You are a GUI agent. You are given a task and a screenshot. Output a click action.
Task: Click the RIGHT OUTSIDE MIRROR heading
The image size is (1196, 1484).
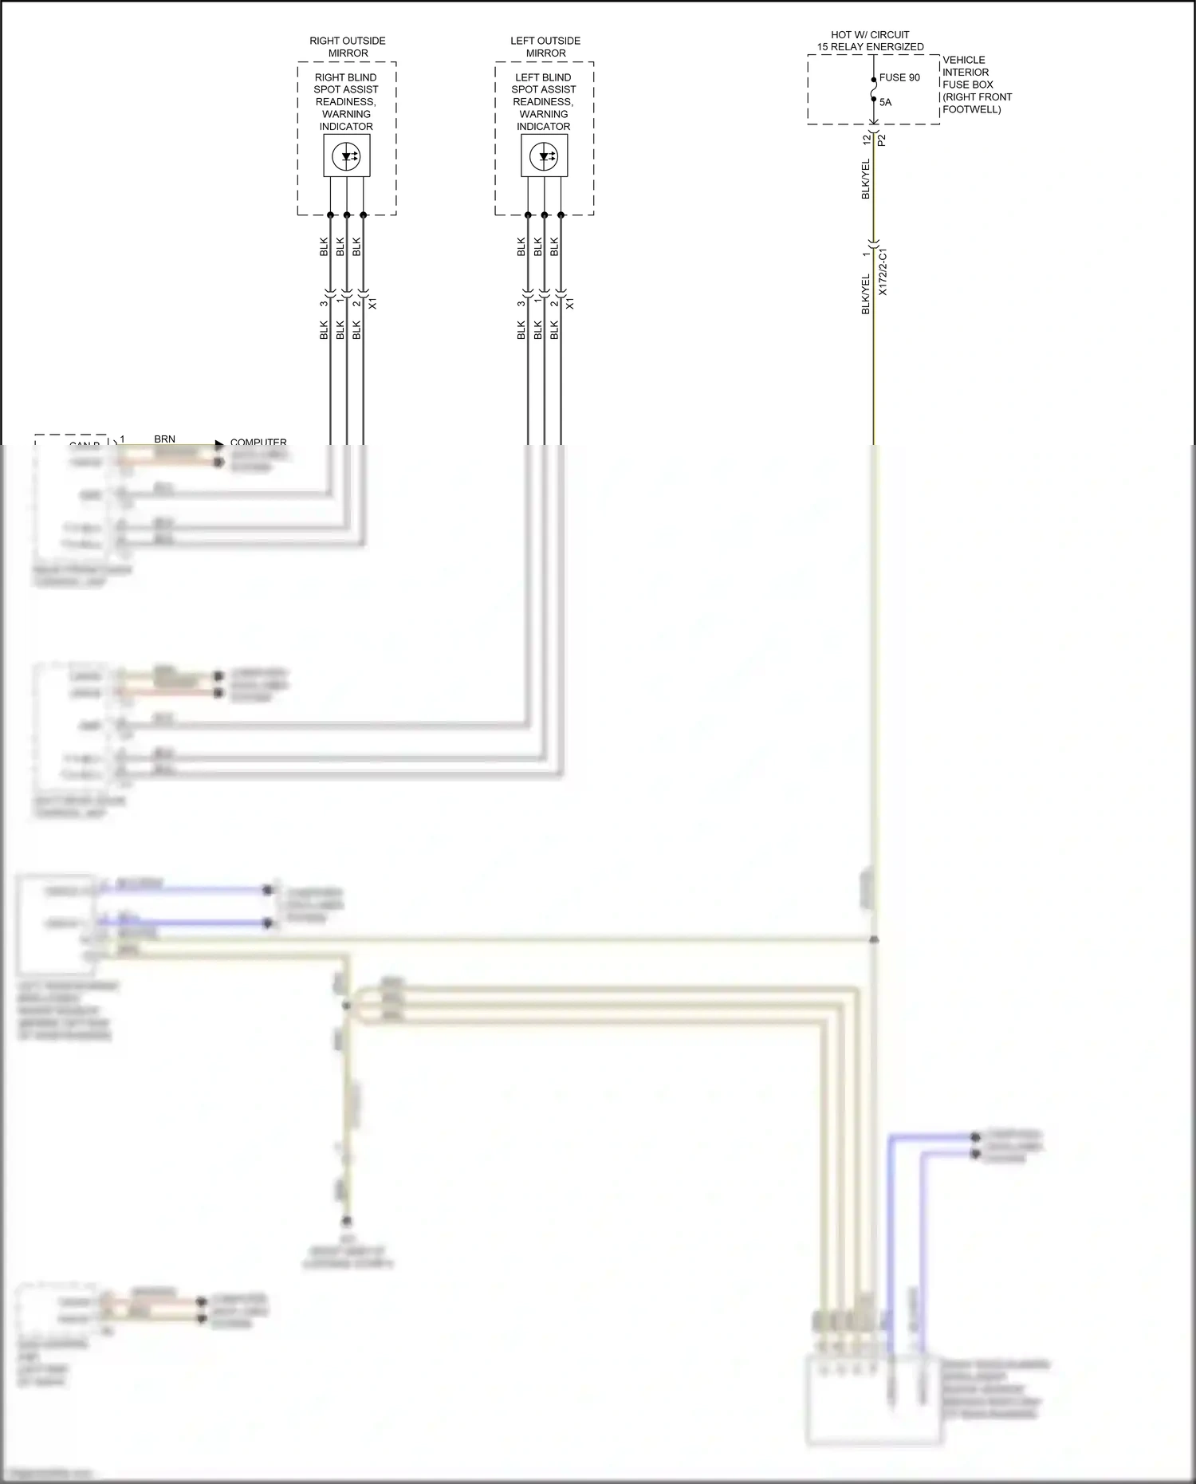coord(348,47)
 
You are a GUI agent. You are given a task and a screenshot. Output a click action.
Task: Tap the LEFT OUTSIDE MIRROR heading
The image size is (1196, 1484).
coord(545,47)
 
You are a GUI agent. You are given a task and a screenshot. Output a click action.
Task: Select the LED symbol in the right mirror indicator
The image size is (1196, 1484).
coord(347,155)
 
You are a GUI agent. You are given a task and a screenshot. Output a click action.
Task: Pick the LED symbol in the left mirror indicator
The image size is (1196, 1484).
coord(545,155)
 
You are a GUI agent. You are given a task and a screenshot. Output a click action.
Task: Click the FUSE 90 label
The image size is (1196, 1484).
coord(899,77)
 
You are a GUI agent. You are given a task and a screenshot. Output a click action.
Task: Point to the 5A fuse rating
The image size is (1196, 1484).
coord(885,102)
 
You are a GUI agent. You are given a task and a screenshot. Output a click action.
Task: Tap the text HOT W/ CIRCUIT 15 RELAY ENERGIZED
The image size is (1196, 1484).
coord(870,41)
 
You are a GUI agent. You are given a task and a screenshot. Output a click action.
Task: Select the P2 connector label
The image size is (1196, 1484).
coord(882,140)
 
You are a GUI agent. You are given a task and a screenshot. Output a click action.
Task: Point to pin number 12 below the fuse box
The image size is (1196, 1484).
coord(867,140)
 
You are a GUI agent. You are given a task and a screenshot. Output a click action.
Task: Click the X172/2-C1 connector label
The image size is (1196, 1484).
coord(883,273)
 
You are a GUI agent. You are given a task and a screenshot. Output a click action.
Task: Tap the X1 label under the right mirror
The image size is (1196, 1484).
coord(372,304)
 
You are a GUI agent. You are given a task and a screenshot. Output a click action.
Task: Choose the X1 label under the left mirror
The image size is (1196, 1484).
coord(570,304)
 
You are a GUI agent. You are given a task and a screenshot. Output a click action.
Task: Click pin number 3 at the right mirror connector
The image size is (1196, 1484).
coord(324,303)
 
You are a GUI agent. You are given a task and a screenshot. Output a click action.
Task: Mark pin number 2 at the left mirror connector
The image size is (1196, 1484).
coord(554,303)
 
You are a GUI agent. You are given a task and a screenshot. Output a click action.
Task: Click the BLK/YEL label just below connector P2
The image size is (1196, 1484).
coord(866,179)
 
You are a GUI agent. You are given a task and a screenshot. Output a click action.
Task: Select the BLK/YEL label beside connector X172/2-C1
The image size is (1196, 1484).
coord(866,294)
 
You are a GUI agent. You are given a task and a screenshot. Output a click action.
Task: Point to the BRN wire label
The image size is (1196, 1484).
coord(164,439)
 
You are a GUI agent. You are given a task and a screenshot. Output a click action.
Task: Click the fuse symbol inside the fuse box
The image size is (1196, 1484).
coord(874,90)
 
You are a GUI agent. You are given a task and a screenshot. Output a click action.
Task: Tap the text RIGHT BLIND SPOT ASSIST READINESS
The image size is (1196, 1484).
coord(346,89)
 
